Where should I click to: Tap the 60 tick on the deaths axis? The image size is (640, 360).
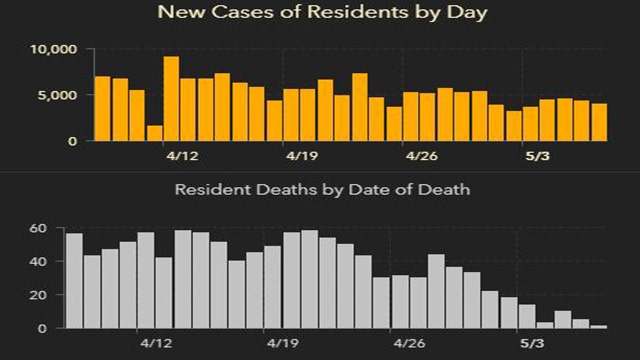coord(38,229)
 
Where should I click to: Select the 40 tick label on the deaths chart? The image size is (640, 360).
coord(38,262)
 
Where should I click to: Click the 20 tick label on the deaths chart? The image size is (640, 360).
coord(38,295)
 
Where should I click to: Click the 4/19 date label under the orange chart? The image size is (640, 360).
coord(301,156)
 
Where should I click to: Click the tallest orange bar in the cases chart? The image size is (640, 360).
coord(171,98)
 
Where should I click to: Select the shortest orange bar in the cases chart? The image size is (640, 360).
coord(154,133)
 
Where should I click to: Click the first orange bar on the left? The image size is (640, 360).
coord(102,108)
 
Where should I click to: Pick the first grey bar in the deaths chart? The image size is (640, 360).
coord(74,280)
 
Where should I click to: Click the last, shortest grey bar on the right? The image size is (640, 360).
coord(599,326)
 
